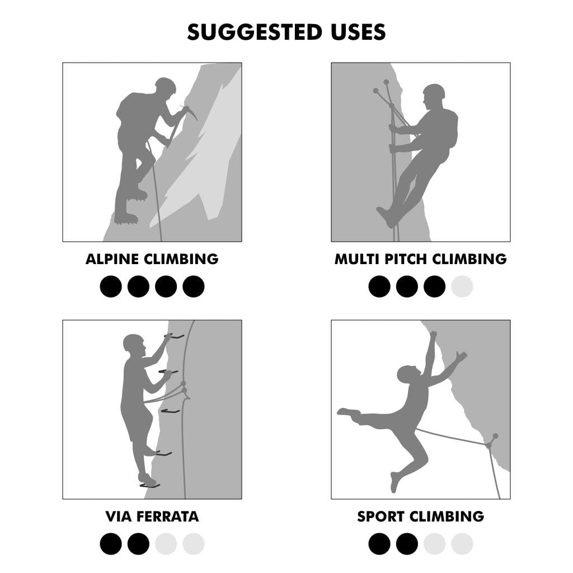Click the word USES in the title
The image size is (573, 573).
[358, 32]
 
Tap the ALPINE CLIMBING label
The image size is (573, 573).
[152, 259]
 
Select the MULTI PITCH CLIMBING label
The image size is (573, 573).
[421, 259]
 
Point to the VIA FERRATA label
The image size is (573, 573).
[152, 516]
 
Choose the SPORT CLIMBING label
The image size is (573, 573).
[421, 516]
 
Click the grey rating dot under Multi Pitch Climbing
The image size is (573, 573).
[462, 286]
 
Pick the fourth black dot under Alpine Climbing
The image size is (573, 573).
[193, 286]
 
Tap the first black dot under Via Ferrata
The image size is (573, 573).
[111, 544]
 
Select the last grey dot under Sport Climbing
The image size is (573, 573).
[462, 544]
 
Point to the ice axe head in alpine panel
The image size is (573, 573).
[189, 111]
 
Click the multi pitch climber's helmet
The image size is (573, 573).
[434, 91]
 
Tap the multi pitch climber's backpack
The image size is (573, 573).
[452, 129]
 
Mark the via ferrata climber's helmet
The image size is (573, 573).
[133, 342]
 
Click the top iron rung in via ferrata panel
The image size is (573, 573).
[175, 336]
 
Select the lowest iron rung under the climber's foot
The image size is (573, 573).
[150, 486]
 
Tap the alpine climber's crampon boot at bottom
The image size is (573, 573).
[126, 218]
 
